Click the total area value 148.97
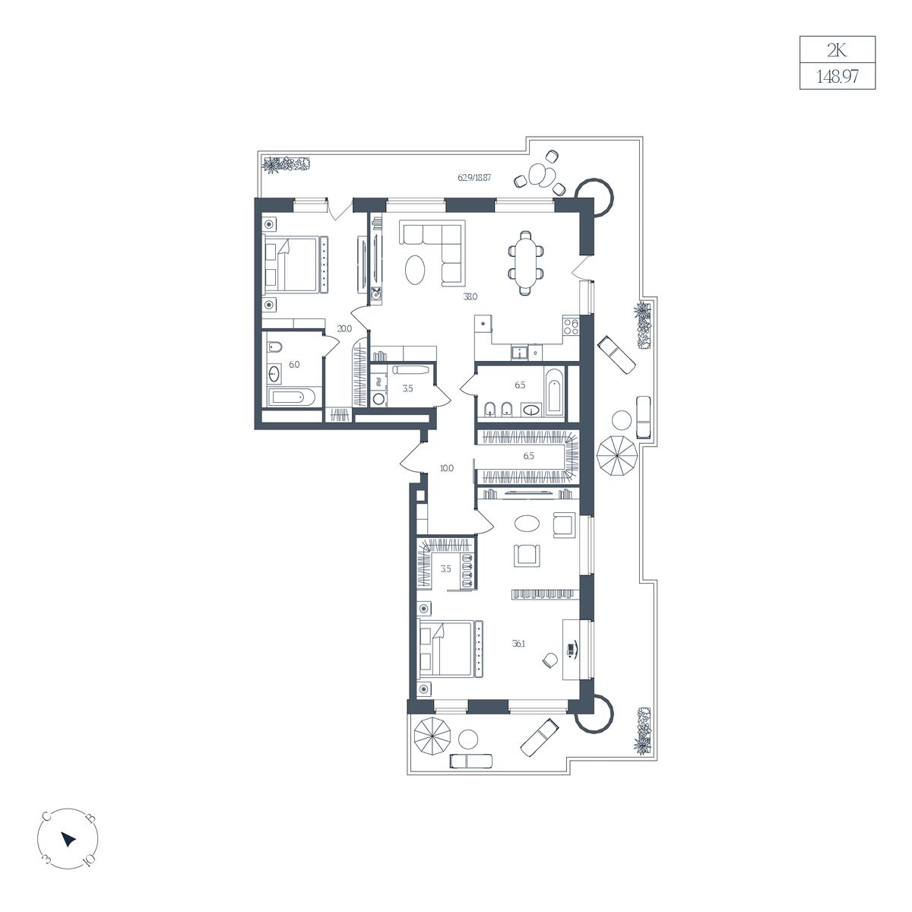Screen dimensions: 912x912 click(x=837, y=77)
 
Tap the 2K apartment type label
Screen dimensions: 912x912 click(x=837, y=50)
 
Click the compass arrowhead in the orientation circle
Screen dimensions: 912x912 click(x=68, y=839)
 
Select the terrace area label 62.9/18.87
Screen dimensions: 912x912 click(x=474, y=178)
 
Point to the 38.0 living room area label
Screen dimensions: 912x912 click(x=470, y=297)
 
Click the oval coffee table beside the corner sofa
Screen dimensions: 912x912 click(x=415, y=270)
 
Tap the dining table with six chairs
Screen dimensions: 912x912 click(x=526, y=263)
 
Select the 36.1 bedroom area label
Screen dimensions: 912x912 click(x=518, y=644)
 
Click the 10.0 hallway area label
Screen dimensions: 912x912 click(x=447, y=469)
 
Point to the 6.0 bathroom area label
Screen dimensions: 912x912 click(x=294, y=365)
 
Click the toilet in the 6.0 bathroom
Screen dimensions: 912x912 click(x=274, y=348)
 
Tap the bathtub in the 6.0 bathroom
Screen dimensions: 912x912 click(x=291, y=397)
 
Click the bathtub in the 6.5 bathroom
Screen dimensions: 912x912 click(x=555, y=391)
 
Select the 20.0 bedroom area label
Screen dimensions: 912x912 click(x=344, y=328)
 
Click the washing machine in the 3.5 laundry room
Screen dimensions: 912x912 click(x=378, y=398)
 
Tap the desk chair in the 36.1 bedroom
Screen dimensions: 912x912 click(x=550, y=660)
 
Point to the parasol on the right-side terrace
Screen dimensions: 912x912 click(x=617, y=456)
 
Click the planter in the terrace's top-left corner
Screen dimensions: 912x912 click(x=287, y=164)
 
